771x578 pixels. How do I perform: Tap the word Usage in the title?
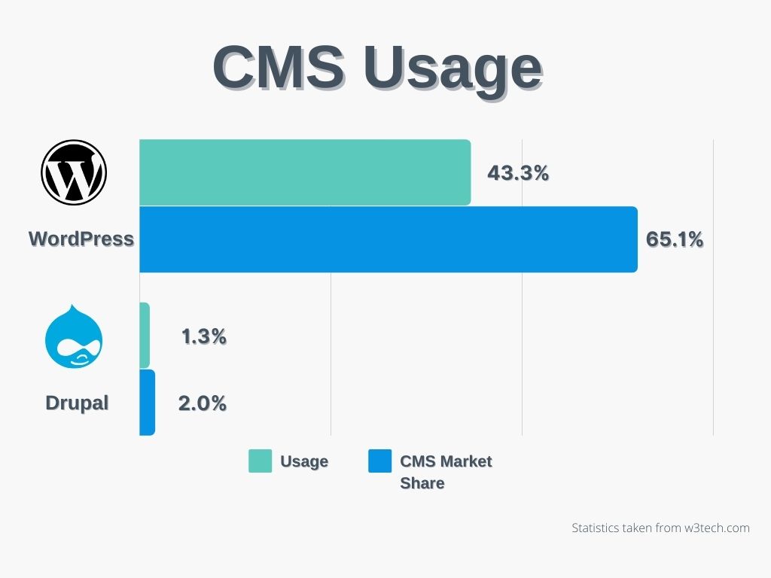tap(453, 69)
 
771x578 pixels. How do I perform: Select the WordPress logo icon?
tap(74, 172)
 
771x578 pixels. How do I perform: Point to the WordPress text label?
tap(81, 239)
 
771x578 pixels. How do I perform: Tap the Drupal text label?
tap(77, 403)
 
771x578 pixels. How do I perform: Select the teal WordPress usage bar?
tap(305, 172)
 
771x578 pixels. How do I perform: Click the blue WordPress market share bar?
tap(388, 239)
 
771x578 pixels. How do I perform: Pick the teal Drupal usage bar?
tap(145, 336)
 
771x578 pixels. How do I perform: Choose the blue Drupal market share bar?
tap(147, 402)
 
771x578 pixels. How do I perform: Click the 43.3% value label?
tap(518, 173)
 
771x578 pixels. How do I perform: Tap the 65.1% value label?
tap(675, 239)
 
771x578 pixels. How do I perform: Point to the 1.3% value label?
tap(203, 336)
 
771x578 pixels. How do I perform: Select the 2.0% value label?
tap(202, 403)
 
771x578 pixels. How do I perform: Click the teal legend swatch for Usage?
tap(260, 461)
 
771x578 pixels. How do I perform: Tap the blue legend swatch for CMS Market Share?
tap(380, 461)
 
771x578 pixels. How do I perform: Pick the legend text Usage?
tap(304, 461)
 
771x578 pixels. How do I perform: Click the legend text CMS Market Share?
tap(446, 472)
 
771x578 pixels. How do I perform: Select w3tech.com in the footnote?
tap(715, 528)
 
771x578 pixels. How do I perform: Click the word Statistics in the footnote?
tap(596, 528)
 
